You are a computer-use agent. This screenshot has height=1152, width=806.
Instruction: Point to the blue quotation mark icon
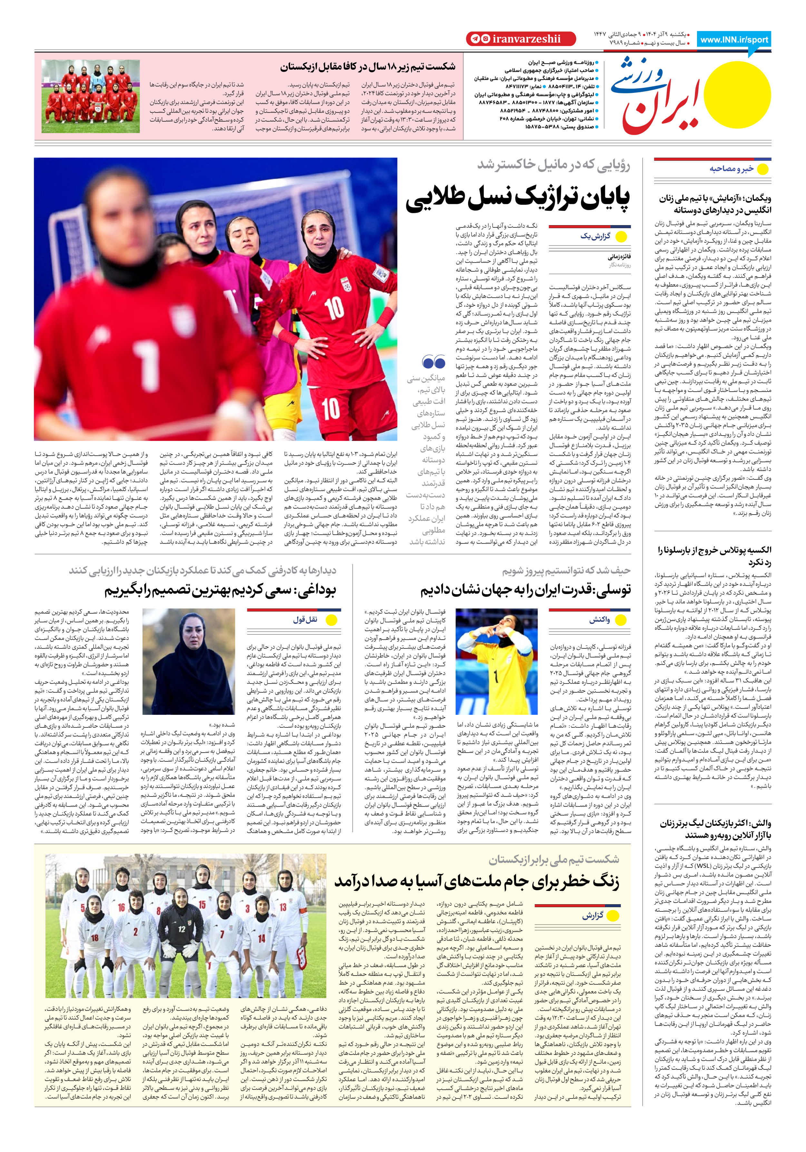433,362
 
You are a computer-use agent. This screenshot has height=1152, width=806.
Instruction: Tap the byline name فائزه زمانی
619,257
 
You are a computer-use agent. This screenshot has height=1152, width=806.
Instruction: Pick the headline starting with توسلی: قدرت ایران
526,590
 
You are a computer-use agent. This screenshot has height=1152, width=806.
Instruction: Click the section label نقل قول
305,620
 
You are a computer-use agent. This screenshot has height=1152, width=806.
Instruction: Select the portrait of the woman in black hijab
189,661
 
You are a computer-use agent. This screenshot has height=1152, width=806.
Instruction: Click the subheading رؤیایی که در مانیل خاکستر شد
553,165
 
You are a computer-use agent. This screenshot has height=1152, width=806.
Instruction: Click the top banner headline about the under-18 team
368,67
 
